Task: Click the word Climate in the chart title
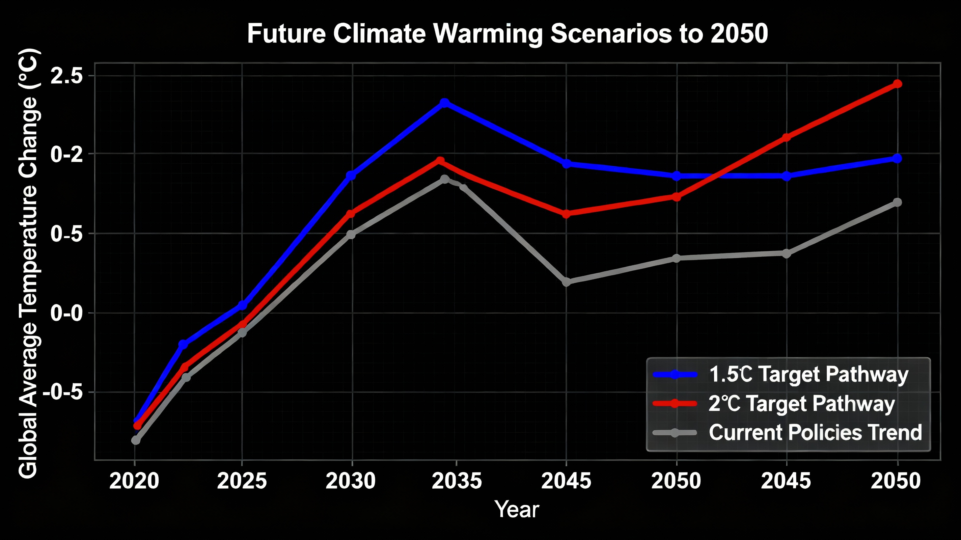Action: point(379,34)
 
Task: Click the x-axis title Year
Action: point(516,509)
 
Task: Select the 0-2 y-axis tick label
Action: point(66,154)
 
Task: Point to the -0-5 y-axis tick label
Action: point(62,393)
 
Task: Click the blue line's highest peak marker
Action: point(444,103)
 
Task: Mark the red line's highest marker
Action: point(897,84)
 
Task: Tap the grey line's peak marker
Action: point(444,179)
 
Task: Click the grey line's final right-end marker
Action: point(897,202)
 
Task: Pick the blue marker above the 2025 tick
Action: point(242,305)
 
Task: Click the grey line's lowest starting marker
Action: point(136,440)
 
